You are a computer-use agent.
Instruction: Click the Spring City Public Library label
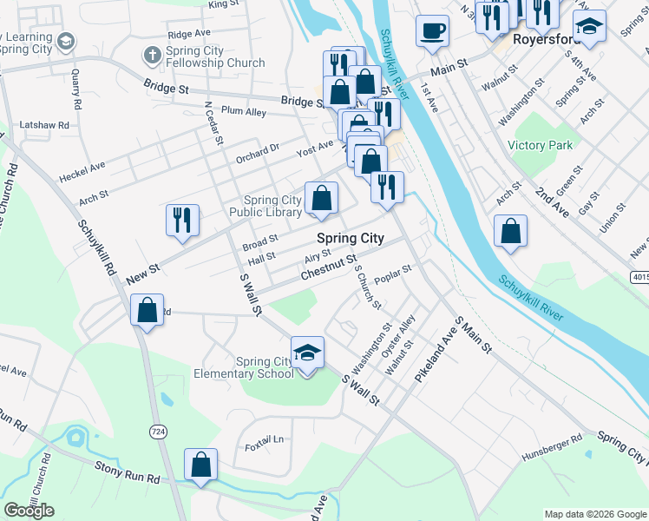[x=265, y=206]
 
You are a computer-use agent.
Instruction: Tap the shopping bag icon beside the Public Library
[x=321, y=197]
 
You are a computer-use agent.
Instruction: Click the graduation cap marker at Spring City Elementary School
[x=306, y=353]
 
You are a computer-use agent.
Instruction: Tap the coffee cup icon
[x=432, y=32]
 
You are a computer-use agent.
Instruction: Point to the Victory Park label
[x=541, y=145]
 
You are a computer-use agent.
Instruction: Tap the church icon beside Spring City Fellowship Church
[x=152, y=56]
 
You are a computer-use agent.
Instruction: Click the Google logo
[x=29, y=511]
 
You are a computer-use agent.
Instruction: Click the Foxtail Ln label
[x=265, y=439]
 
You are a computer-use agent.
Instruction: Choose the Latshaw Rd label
[x=44, y=125]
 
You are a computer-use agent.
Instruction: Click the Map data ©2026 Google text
[x=594, y=514]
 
